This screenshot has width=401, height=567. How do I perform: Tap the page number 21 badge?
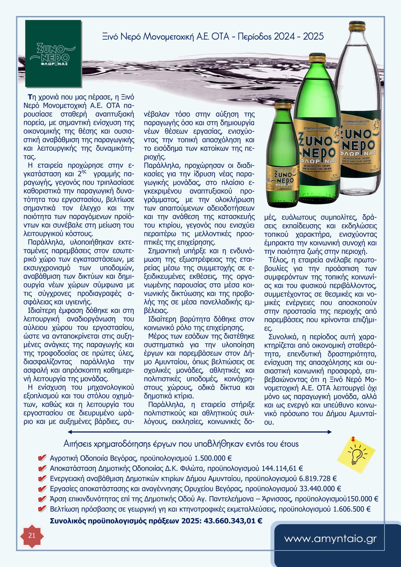pos(32,535)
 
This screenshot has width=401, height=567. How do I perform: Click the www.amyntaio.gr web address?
pos(330,539)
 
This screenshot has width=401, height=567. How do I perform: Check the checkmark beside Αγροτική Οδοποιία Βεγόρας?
pos(42,458)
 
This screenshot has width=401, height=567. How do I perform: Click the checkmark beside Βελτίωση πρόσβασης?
pos(42,509)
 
